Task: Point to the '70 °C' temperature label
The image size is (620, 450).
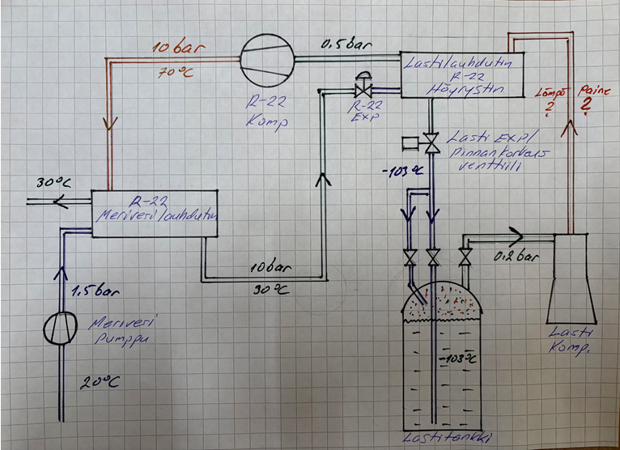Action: [x=171, y=73]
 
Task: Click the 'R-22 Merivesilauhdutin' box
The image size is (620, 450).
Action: [x=155, y=214]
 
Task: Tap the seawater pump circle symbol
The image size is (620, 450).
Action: [x=63, y=325]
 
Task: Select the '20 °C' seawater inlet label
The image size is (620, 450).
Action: [x=98, y=382]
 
